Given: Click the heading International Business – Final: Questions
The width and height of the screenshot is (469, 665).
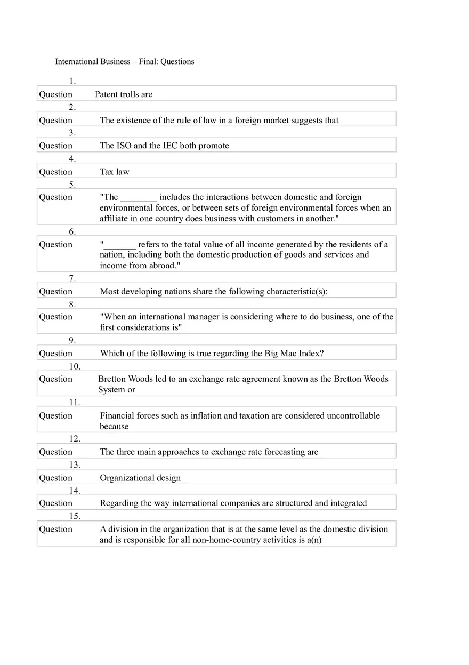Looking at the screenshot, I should (x=125, y=61).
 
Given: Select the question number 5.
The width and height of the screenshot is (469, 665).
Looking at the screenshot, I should (x=72, y=185).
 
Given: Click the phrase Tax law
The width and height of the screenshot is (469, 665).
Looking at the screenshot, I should (x=115, y=172).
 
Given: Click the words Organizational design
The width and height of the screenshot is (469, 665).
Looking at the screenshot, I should (x=140, y=478).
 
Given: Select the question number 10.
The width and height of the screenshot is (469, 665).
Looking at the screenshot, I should (x=75, y=366).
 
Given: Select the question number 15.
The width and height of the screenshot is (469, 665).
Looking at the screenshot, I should (x=75, y=516).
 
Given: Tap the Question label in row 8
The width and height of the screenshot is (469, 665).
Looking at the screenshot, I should (x=55, y=317).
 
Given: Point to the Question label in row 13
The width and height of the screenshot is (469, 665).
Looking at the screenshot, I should (x=55, y=478).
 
